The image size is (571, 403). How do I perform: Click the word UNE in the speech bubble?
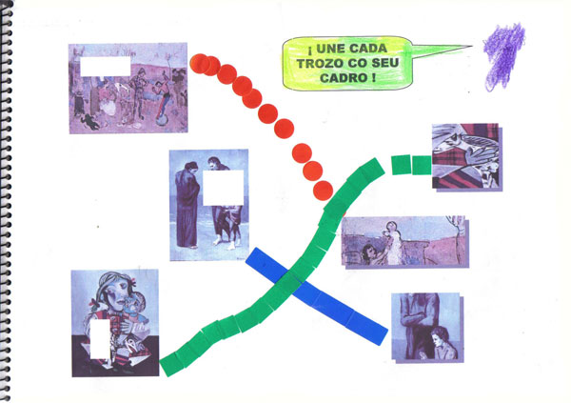click(329, 49)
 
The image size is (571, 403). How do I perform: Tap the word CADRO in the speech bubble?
click(344, 78)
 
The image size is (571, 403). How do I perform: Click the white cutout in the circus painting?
click(106, 67)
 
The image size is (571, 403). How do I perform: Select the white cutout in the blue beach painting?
click(223, 188)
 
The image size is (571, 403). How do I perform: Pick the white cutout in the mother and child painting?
click(100, 339)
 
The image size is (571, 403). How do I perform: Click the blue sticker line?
click(316, 295)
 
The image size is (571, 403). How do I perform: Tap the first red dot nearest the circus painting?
click(199, 64)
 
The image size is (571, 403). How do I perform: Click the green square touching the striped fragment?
click(422, 165)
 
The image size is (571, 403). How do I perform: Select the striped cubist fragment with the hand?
click(466, 156)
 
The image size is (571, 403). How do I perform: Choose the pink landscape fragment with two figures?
click(404, 242)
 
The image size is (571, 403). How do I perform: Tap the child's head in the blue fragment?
click(441, 336)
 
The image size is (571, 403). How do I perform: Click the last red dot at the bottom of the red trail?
click(323, 191)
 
